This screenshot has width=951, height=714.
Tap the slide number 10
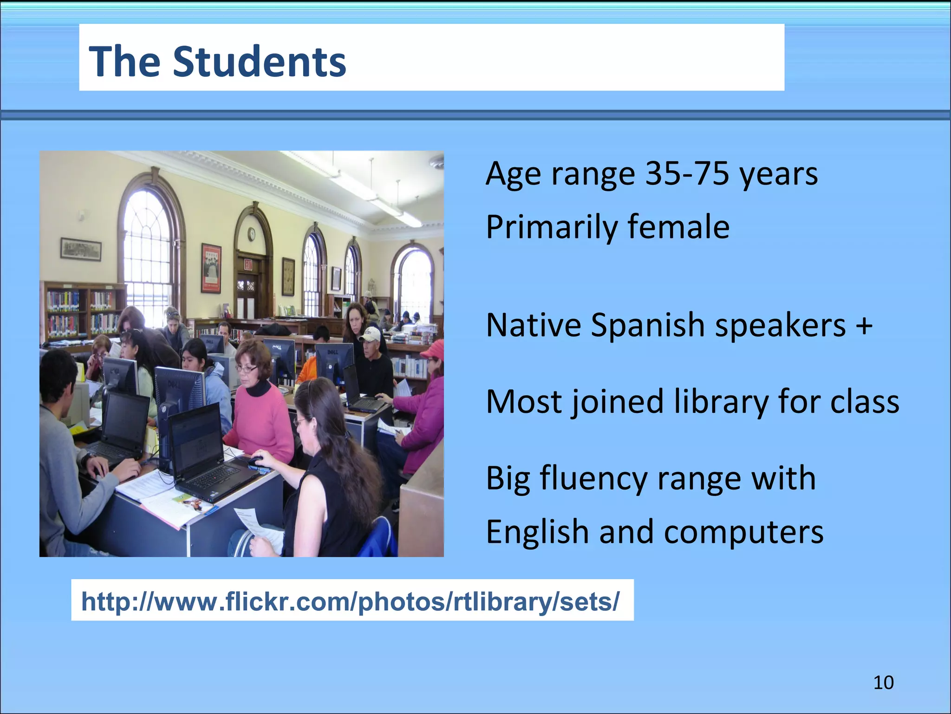click(x=883, y=682)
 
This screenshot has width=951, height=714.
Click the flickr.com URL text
click(x=350, y=601)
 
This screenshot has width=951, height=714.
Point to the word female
click(x=678, y=227)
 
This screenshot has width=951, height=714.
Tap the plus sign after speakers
click(x=864, y=325)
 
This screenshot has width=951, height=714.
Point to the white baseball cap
click(x=371, y=333)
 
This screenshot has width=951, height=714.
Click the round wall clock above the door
click(x=251, y=234)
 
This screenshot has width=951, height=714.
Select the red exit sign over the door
click(x=248, y=265)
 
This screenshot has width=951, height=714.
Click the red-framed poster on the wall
click(x=211, y=268)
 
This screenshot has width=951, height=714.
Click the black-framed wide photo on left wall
click(x=81, y=250)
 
